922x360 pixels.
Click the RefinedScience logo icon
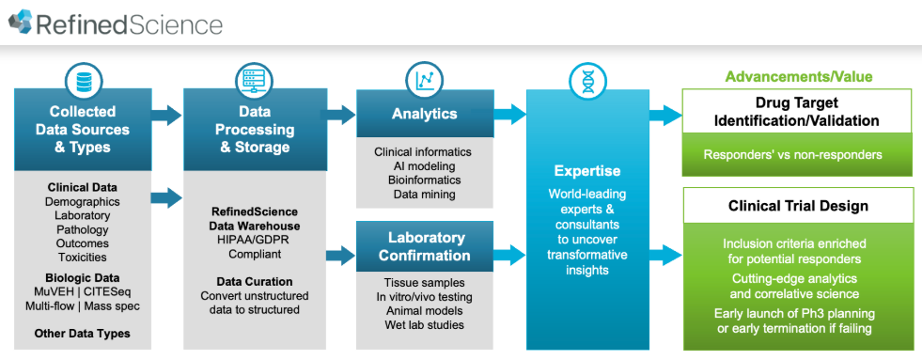pos(20,22)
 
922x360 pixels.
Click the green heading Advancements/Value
pos(799,76)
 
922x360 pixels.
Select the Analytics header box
pos(425,114)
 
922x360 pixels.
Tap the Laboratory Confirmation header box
pos(425,246)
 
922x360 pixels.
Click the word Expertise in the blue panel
pos(587,171)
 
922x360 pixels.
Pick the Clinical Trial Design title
pos(798,206)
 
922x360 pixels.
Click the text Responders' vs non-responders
pos(793,155)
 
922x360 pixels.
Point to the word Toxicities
pos(83,257)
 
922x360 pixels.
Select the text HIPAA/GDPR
pos(255,240)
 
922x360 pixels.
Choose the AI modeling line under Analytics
pos(424,165)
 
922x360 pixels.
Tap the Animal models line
pos(424,310)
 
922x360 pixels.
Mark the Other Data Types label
pos(83,334)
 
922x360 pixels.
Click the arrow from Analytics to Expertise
pos(509,114)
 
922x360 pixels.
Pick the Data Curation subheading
pos(255,282)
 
